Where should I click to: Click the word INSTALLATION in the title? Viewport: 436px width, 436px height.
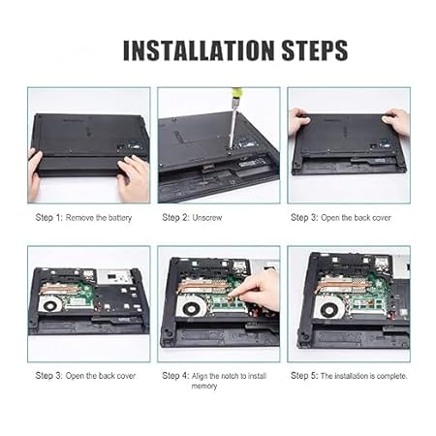click(199, 50)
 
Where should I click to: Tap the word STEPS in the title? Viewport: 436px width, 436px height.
click(315, 50)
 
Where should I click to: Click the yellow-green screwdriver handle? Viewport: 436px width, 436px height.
click(235, 93)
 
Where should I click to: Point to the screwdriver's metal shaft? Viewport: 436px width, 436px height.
click(232, 123)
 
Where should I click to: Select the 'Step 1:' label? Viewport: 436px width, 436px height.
click(48, 217)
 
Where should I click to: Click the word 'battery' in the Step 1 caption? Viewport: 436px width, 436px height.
click(120, 218)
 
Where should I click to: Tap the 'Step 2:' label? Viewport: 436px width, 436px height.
click(175, 217)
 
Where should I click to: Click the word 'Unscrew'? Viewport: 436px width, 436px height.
click(207, 218)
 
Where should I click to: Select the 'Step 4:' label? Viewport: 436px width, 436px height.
click(175, 376)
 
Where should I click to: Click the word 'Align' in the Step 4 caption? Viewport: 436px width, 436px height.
click(200, 376)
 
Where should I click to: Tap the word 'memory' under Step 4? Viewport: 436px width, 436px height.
click(204, 386)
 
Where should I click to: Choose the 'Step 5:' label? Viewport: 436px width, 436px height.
click(304, 376)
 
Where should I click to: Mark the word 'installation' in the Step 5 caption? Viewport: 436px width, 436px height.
click(351, 376)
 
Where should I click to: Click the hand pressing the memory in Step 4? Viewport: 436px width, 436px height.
click(256, 291)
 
